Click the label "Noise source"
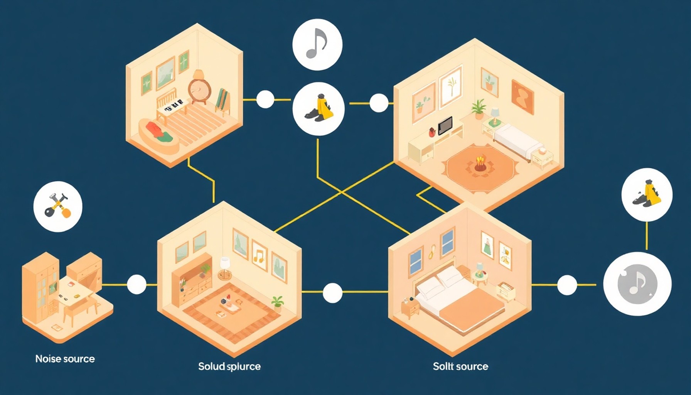[65, 359]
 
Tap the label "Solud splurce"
[229, 366]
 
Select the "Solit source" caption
[460, 366]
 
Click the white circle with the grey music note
[317, 45]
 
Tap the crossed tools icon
[58, 206]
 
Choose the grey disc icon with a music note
[637, 284]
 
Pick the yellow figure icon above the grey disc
[647, 194]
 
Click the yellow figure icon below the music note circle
[319, 108]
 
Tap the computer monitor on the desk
[445, 125]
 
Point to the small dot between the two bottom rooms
[332, 293]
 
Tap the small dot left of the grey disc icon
[567, 285]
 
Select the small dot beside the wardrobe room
[137, 285]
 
